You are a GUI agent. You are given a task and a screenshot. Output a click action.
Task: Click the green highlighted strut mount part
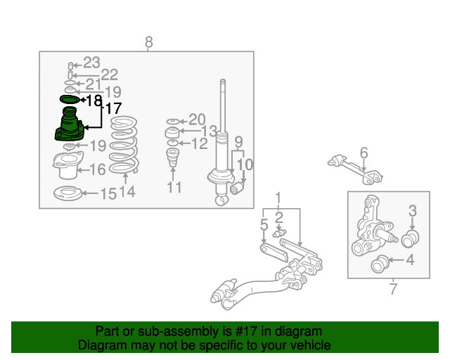pyautogui.click(x=70, y=124)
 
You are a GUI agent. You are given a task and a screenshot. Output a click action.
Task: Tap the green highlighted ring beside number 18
pyautogui.click(x=70, y=100)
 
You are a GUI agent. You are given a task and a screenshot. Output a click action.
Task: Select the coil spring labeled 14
pyautogui.click(x=124, y=145)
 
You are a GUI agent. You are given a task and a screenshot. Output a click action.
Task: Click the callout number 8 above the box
pyautogui.click(x=148, y=42)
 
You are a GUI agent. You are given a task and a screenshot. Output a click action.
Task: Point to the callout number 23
pyautogui.click(x=91, y=63)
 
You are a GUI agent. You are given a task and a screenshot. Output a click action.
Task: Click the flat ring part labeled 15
pyautogui.click(x=67, y=193)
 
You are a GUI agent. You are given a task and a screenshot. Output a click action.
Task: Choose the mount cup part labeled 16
pyautogui.click(x=68, y=165)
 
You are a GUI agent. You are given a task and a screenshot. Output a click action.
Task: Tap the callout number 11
pyautogui.click(x=174, y=187)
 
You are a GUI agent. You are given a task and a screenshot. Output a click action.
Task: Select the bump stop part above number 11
pyautogui.click(x=173, y=157)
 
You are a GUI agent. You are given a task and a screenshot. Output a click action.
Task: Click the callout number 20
pyautogui.click(x=197, y=120)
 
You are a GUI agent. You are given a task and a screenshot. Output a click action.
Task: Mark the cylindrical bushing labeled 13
pyautogui.click(x=172, y=132)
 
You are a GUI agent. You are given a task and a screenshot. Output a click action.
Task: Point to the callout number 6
pyautogui.click(x=364, y=153)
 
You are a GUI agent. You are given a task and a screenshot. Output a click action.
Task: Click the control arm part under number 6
pyautogui.click(x=355, y=169)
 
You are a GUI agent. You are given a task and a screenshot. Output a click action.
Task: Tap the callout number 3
pyautogui.click(x=413, y=211)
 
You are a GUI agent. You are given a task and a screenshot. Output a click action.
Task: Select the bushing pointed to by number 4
pyautogui.click(x=380, y=264)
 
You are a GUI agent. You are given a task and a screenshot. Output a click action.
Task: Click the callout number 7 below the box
pyautogui.click(x=393, y=289)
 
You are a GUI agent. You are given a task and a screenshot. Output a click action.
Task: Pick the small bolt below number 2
pyautogui.click(x=280, y=233)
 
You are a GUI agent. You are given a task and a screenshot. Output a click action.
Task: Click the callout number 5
pyautogui.click(x=264, y=224)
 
